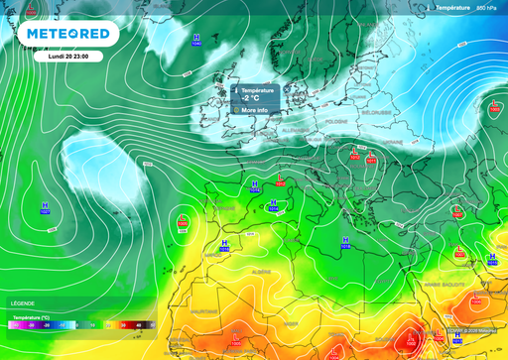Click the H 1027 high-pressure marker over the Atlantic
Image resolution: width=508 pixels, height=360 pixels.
(46, 208)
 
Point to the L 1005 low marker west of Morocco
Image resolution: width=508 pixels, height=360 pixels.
(183, 221)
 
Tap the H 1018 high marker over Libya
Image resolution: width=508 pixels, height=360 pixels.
(345, 243)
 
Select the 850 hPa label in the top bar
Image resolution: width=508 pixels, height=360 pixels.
(486, 7)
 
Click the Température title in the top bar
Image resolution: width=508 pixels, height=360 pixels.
(451, 7)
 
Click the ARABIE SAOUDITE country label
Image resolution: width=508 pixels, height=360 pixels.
(444, 284)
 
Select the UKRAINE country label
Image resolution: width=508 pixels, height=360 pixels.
(394, 142)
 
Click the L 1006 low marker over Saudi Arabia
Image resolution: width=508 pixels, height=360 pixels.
(460, 252)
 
